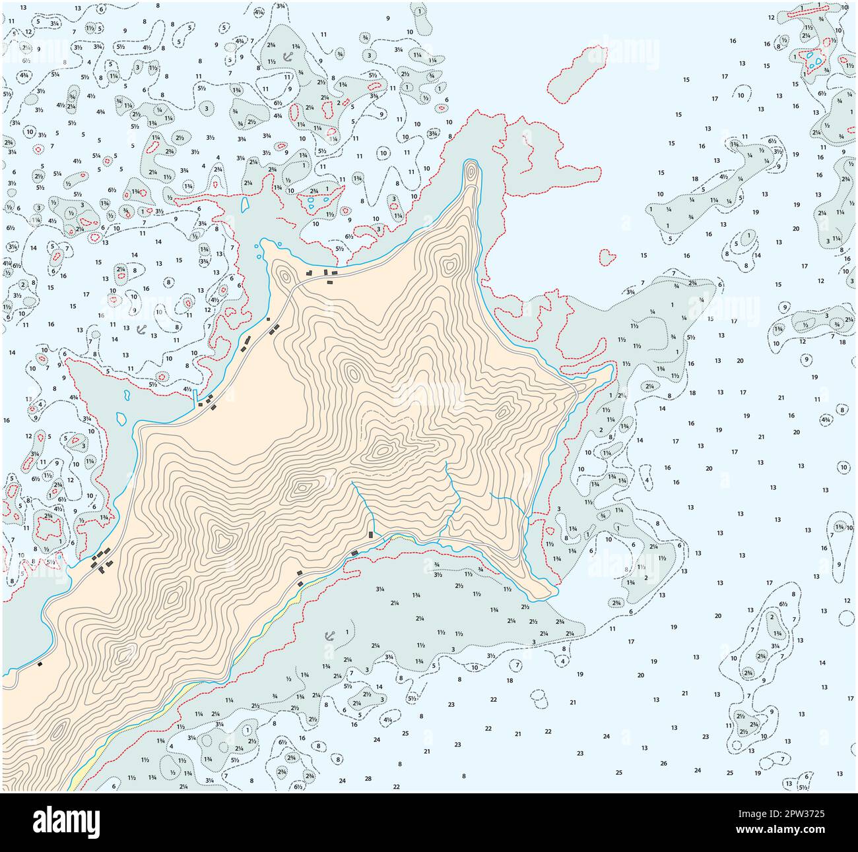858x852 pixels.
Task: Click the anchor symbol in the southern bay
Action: click(x=330, y=636)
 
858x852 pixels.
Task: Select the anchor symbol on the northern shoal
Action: click(x=287, y=57)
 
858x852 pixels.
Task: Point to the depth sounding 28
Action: click(x=368, y=779)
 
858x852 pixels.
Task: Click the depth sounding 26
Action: click(x=663, y=764)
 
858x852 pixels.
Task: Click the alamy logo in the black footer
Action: click(x=66, y=822)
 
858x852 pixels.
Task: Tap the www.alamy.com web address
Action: click(x=792, y=832)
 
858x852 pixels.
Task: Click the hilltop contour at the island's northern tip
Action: click(x=470, y=172)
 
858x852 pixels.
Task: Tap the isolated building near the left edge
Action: click(x=40, y=664)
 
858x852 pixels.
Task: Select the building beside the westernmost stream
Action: click(x=371, y=535)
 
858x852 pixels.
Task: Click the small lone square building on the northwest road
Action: click(x=269, y=320)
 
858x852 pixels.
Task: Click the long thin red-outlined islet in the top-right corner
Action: click(x=807, y=9)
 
